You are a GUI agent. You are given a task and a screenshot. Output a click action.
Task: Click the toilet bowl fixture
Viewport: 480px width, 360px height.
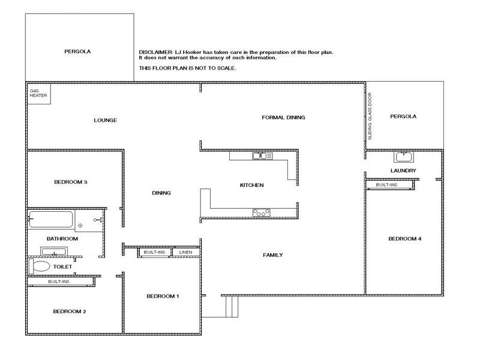point(39,266)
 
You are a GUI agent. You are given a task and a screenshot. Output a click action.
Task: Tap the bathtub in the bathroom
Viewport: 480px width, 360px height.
point(51,219)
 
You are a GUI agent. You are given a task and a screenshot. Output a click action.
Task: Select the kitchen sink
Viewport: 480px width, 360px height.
point(262,156)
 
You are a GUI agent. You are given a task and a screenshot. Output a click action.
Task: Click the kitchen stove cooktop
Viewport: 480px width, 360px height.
point(261,212)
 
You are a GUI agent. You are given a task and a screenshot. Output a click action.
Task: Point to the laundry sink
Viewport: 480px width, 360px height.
point(404,157)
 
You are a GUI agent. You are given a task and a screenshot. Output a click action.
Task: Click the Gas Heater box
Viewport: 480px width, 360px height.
point(39,94)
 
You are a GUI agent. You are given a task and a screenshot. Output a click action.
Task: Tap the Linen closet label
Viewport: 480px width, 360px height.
point(185,252)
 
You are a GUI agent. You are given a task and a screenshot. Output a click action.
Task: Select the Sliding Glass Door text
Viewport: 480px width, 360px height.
point(370,116)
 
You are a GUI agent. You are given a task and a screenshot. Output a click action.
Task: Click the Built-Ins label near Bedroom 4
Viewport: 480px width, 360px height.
point(386,185)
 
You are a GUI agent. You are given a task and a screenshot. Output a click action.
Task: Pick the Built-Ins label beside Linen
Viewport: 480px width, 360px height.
point(154,252)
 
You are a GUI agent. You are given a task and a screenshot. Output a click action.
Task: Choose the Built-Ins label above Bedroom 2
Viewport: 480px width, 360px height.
point(59,281)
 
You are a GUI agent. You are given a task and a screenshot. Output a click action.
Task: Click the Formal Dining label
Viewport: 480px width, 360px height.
point(283,117)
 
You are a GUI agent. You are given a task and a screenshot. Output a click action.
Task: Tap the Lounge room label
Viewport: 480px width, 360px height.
point(106,121)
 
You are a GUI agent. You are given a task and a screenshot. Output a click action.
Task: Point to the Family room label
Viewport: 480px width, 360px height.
point(273,255)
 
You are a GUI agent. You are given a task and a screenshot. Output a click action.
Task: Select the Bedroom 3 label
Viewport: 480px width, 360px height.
point(71,182)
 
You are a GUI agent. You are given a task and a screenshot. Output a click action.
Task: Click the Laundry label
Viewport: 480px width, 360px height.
point(403,170)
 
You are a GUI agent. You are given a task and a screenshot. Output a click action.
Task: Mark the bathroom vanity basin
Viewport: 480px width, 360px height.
point(53,251)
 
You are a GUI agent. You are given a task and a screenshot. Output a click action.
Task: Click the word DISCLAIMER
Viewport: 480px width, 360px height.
point(156,52)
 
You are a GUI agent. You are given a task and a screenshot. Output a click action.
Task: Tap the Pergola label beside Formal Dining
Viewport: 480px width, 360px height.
point(403,116)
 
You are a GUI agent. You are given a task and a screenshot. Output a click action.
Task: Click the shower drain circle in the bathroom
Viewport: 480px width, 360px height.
point(80,226)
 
